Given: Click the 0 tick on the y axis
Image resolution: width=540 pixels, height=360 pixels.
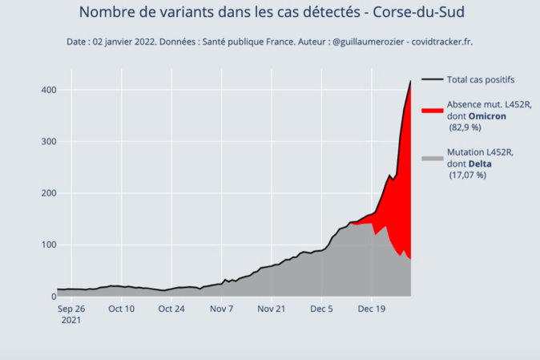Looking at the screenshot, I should (x=51, y=297).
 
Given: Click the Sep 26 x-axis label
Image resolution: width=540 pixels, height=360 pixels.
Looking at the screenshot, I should (x=71, y=308).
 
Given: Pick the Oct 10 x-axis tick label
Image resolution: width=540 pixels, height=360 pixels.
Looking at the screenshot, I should (x=121, y=308).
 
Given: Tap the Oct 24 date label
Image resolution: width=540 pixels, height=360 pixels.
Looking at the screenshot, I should (x=171, y=308).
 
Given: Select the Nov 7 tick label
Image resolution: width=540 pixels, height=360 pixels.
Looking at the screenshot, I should (x=222, y=308).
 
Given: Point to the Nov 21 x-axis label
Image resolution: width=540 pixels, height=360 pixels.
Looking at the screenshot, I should (x=272, y=308).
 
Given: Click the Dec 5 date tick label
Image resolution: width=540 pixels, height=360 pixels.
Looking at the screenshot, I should (x=322, y=308).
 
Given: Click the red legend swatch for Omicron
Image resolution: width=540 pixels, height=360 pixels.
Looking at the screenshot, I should (x=432, y=110).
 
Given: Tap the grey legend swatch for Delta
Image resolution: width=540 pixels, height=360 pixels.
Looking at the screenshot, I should (x=432, y=158).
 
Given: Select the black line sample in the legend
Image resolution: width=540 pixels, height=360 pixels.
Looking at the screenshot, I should (x=432, y=79).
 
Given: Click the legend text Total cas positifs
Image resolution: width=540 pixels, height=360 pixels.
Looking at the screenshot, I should (x=481, y=79).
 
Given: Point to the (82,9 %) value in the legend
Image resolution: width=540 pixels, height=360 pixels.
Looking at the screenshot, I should (x=465, y=127).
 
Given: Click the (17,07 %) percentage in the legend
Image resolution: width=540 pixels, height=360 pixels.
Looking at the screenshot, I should (x=467, y=175).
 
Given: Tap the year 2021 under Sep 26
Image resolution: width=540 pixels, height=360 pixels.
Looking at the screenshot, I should (x=70, y=319).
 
